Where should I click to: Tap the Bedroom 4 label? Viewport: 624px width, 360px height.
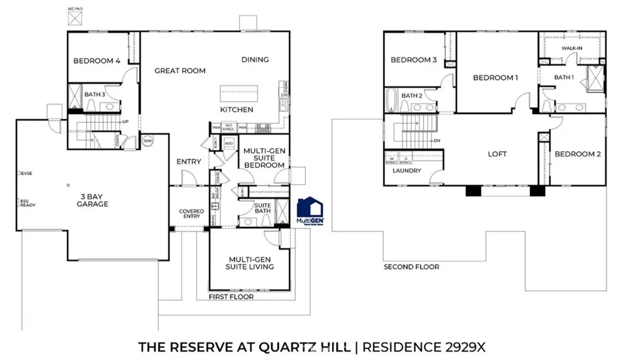[96, 61]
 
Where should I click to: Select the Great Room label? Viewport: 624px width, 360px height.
[180, 71]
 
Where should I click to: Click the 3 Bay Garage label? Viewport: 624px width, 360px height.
[93, 200]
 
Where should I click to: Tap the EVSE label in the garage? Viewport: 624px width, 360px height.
[26, 174]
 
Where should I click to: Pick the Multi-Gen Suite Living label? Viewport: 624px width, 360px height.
[250, 263]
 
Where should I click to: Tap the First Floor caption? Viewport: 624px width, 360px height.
[231, 297]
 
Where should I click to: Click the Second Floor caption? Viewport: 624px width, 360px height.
[411, 267]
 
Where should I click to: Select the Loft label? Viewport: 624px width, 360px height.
[497, 155]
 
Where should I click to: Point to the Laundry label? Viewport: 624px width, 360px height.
[406, 171]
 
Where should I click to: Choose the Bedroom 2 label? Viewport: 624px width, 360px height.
[578, 155]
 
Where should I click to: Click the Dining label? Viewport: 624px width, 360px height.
[255, 60]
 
